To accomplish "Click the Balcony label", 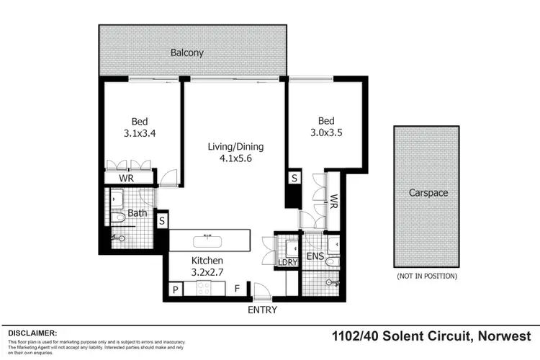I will (186, 53).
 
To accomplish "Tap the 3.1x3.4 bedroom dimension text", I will (140, 132).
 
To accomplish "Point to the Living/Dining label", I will (235, 147).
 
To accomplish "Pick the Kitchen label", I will (207, 261).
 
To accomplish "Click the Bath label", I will (137, 214).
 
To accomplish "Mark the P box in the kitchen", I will (175, 289).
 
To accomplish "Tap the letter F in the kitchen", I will (237, 289).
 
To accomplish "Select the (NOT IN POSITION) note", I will (427, 276).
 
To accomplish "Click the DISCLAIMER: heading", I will (32, 333).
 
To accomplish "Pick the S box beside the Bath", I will (162, 220).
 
